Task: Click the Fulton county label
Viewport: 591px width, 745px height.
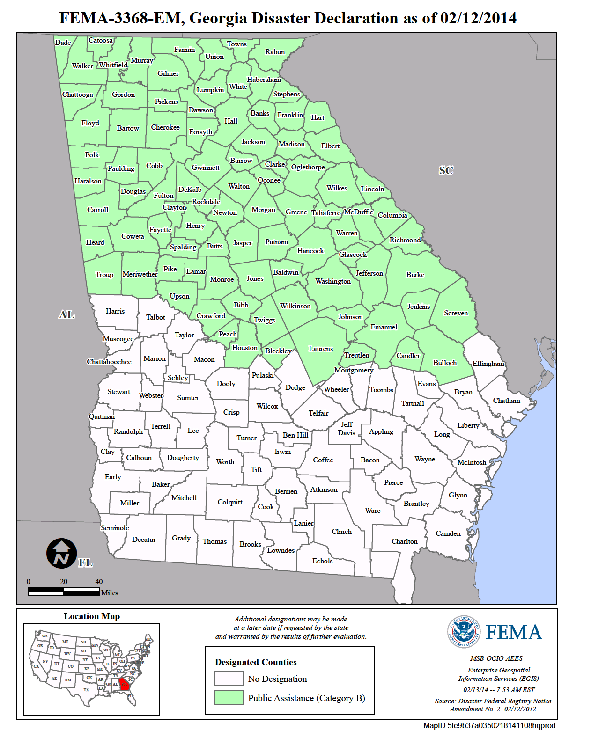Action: click(x=163, y=196)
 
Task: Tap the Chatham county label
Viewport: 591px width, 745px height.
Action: click(x=506, y=401)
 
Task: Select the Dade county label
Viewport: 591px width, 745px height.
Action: click(x=63, y=43)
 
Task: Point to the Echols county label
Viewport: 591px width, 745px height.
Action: click(x=322, y=561)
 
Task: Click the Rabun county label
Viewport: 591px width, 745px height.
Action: click(x=275, y=52)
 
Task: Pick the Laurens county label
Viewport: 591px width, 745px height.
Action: click(x=321, y=349)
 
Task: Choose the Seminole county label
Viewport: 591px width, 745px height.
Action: click(x=115, y=528)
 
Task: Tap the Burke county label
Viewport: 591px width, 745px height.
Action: click(x=415, y=275)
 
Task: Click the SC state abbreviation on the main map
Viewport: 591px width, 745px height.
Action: click(x=446, y=170)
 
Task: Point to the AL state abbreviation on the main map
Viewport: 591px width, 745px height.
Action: click(x=66, y=314)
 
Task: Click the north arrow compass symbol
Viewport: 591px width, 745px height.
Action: click(x=61, y=553)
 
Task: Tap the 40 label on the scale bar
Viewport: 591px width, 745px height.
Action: click(x=99, y=582)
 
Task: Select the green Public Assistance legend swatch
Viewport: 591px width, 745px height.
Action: click(x=229, y=698)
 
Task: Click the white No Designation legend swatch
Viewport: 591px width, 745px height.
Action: click(x=229, y=679)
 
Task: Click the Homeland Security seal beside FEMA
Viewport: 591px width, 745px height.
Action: click(x=464, y=632)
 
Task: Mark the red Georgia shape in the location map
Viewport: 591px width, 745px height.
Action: click(x=124, y=684)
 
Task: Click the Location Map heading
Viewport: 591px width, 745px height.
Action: click(x=92, y=616)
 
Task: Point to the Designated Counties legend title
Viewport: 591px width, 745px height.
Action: click(x=256, y=662)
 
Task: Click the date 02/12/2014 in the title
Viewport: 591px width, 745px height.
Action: click(x=478, y=18)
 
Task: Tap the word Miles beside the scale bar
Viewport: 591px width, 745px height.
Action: click(x=110, y=593)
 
